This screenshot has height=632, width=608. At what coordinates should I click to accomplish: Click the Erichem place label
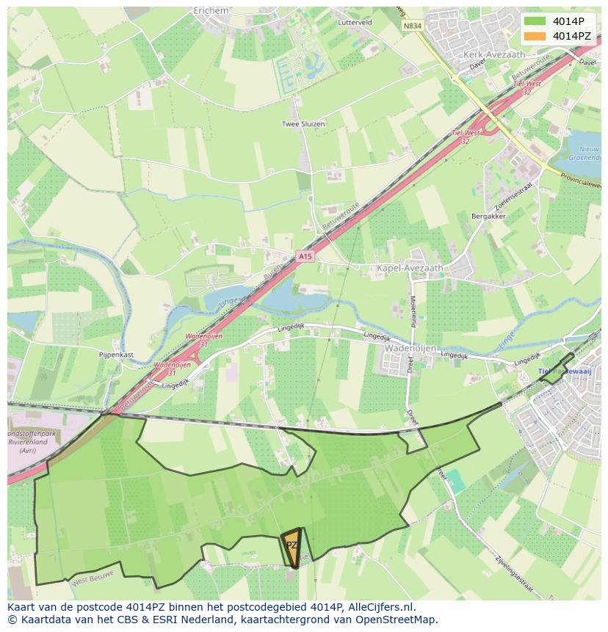pyautogui.click(x=211, y=11)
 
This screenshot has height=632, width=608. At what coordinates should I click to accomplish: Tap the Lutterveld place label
pyautogui.click(x=355, y=23)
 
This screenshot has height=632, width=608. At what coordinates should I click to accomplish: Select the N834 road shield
pyautogui.click(x=412, y=26)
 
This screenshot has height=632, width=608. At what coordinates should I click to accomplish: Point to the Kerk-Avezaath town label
pyautogui.click(x=493, y=55)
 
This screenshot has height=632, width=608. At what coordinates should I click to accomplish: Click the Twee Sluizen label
pyautogui.click(x=303, y=124)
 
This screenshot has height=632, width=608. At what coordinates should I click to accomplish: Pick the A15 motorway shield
pyautogui.click(x=305, y=256)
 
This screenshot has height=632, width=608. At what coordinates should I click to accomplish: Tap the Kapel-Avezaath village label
pyautogui.click(x=410, y=269)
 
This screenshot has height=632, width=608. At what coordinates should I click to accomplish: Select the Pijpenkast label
pyautogui.click(x=116, y=354)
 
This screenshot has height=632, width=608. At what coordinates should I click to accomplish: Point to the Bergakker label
pyautogui.click(x=488, y=217)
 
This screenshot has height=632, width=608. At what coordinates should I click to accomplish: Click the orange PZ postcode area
pyautogui.click(x=292, y=546)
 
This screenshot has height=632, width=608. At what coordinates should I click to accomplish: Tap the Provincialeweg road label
pyautogui.click(x=583, y=181)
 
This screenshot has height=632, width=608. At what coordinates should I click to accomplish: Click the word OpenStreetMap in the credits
pyautogui.click(x=397, y=620)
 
